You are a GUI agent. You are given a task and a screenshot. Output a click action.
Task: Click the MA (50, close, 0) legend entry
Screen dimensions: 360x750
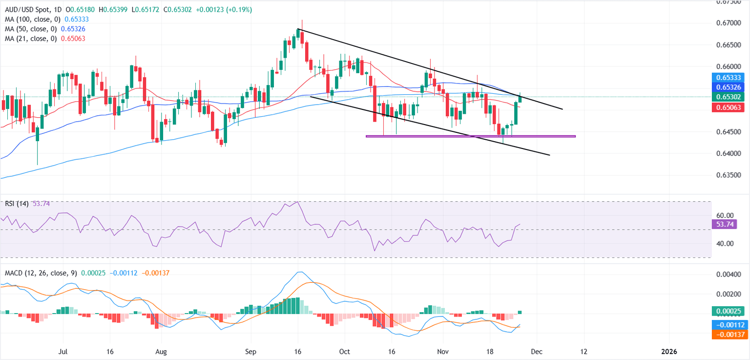point(29,29)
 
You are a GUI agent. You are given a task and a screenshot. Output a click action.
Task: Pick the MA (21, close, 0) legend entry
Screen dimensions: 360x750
point(29,38)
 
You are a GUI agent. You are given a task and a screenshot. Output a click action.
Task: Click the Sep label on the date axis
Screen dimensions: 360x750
point(250,351)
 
